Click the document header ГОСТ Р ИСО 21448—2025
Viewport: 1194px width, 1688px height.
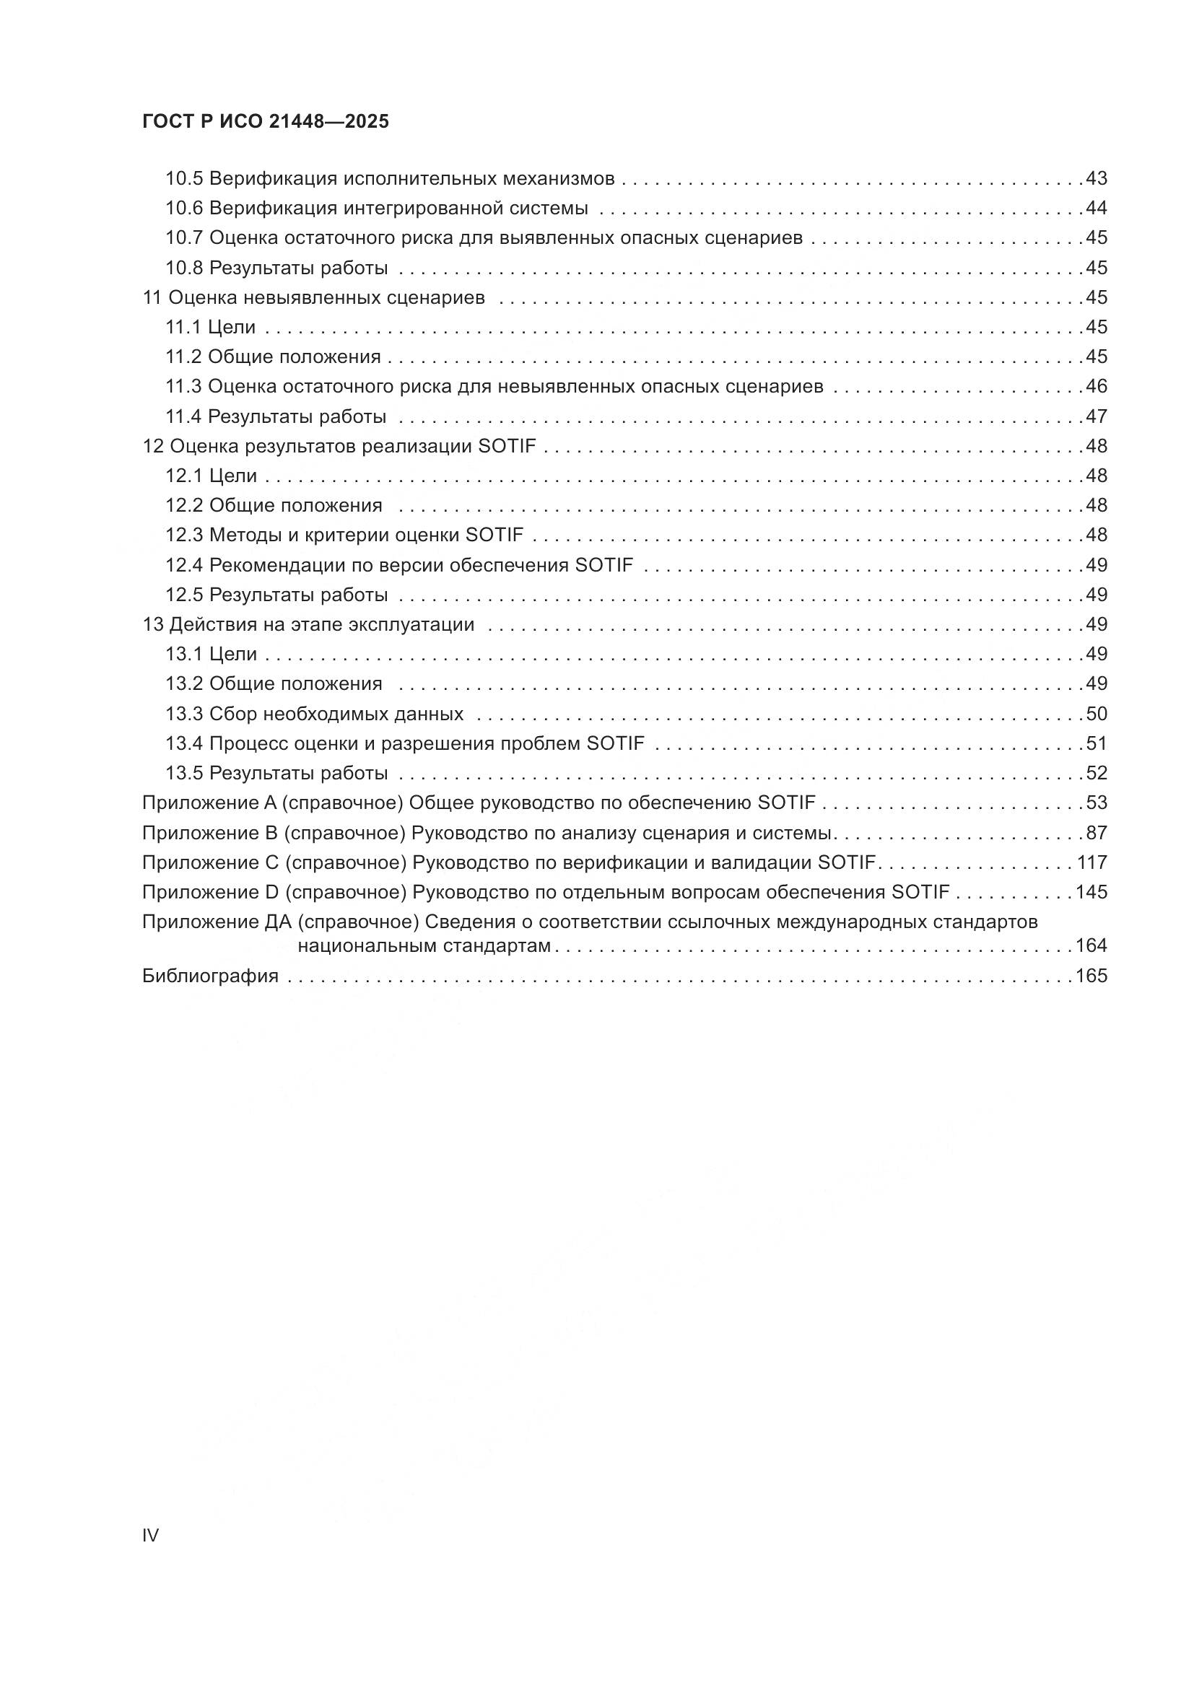pos(266,121)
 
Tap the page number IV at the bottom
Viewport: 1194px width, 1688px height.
pos(150,1535)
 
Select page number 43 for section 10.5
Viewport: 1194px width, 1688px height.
pos(1097,179)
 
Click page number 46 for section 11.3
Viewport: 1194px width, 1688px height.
pos(1097,387)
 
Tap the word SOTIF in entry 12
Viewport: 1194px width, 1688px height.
pos(507,446)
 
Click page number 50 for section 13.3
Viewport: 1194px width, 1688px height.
pos(1097,714)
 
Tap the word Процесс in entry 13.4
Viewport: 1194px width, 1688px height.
pos(248,744)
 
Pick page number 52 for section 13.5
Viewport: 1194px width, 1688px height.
pos(1097,774)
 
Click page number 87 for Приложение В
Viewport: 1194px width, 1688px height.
pos(1097,833)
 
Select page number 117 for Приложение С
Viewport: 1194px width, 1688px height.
pos(1091,862)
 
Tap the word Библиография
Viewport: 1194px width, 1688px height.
pos(210,976)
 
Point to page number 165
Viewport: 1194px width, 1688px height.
pos(1091,976)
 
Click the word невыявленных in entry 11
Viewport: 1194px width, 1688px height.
pos(310,298)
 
